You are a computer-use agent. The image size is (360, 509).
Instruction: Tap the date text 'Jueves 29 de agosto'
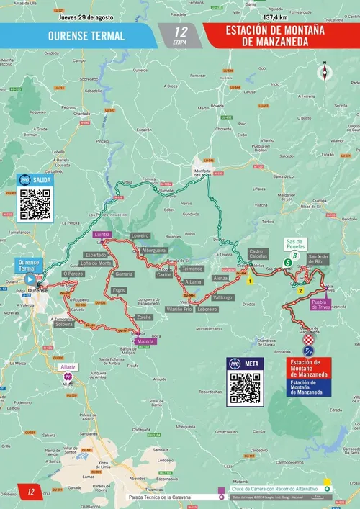tap(86, 17)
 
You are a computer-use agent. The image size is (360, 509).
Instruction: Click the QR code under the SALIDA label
tap(35, 204)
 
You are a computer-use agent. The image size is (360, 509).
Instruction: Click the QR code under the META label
tap(245, 388)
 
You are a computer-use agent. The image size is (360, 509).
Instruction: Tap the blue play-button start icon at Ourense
tap(30, 279)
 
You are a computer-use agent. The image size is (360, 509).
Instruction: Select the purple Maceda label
tap(146, 341)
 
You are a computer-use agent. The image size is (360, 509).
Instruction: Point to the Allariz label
tap(68, 366)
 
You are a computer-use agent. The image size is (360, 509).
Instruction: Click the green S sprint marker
tap(287, 263)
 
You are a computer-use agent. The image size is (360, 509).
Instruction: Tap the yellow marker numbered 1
tap(250, 282)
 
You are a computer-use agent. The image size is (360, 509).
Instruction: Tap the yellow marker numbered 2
tap(301, 292)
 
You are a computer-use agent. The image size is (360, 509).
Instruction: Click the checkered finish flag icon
tap(309, 338)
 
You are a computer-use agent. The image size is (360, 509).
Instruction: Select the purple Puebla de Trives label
tap(320, 304)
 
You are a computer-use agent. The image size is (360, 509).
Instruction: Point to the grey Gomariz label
tap(124, 274)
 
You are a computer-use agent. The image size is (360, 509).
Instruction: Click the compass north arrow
tap(325, 71)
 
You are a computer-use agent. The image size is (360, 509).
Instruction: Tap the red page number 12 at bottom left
tap(31, 492)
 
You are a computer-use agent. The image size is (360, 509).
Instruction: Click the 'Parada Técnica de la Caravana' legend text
tap(171, 496)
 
